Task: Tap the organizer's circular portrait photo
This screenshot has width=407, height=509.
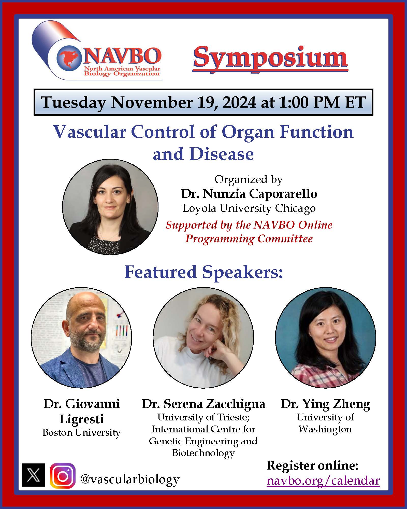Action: (x=110, y=207)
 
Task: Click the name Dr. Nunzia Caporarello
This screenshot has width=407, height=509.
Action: (x=249, y=194)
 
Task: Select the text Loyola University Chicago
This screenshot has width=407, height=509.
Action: (x=249, y=208)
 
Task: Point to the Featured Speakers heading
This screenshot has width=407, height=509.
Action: (x=203, y=272)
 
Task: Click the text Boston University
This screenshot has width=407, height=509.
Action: (x=81, y=433)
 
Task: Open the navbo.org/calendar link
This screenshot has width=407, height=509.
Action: (x=323, y=481)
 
